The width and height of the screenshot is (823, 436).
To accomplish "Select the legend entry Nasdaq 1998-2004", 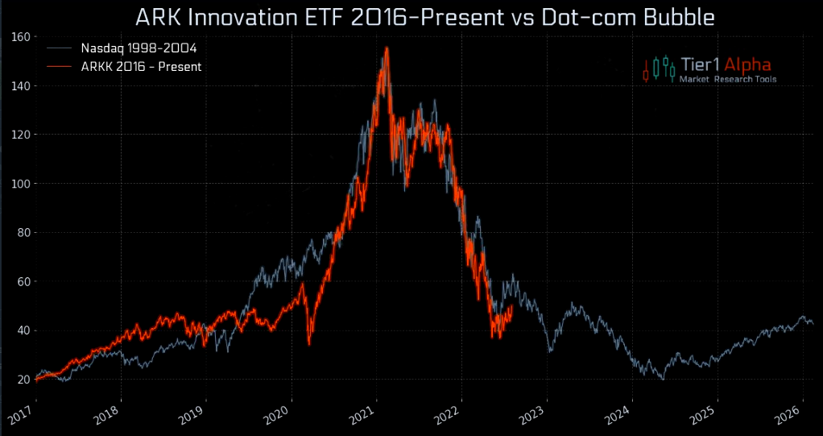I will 139,48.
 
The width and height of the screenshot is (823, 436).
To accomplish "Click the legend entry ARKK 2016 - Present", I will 141,67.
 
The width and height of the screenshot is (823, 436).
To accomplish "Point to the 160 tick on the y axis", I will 21,37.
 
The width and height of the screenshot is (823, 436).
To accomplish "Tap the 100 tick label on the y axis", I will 21,184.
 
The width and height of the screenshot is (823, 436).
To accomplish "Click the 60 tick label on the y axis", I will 23,281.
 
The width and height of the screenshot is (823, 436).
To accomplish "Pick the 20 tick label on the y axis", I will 23,380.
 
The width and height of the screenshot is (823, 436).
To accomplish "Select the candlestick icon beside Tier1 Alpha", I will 658,69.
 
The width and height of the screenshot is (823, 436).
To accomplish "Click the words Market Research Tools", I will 728,80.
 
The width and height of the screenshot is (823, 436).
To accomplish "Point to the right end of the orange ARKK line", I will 512,305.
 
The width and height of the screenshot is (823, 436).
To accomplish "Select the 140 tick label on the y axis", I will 21,86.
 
